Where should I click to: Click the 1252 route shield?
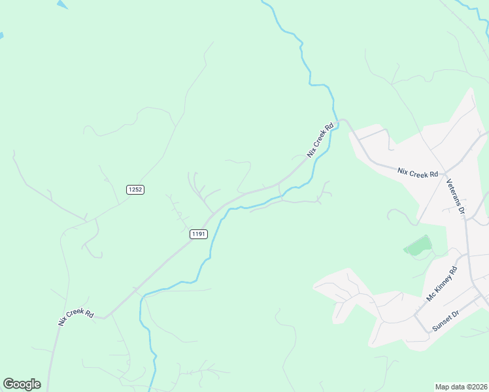pos(135,189)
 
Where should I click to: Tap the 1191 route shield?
pos(199,234)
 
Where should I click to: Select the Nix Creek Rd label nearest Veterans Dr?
pos(418,173)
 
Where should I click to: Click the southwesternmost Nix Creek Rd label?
pos(76,315)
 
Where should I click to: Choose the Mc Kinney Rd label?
pos(443,284)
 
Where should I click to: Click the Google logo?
pos(22,384)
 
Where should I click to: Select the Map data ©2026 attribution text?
pos(462,387)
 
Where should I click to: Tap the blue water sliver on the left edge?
pos(1,35)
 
